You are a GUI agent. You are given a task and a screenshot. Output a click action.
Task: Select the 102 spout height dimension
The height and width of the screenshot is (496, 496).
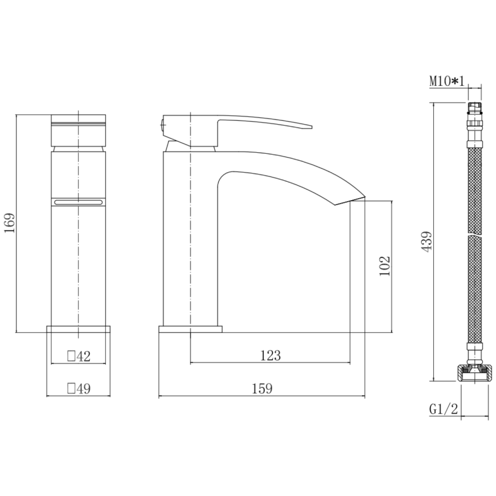[x=385, y=266]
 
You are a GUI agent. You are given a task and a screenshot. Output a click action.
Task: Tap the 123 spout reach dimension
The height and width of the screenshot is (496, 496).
[x=270, y=356]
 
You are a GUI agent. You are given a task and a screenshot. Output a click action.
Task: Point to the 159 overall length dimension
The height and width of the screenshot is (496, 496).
[x=262, y=389]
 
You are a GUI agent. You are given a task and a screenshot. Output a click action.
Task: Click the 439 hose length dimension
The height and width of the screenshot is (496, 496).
[x=426, y=241]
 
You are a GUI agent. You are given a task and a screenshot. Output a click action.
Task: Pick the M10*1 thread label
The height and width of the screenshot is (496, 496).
[x=448, y=82]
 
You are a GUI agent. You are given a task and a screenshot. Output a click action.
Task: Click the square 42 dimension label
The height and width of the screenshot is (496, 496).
[x=78, y=357]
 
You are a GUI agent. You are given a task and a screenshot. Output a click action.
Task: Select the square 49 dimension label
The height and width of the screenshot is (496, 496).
[x=78, y=389]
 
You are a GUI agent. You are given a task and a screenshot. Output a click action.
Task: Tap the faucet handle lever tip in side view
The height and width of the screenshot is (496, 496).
[x=309, y=126]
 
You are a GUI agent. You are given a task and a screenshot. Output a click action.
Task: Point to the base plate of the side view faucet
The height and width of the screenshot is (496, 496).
[x=190, y=330]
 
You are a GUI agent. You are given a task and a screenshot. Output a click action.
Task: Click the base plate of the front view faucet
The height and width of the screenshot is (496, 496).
[x=78, y=330]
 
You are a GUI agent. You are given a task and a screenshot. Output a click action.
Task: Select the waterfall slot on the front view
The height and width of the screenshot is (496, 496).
[x=78, y=203]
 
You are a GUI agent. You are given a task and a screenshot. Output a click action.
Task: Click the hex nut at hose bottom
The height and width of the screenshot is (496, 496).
[x=474, y=374]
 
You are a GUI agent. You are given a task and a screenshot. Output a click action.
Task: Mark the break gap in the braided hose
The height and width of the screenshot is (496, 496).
[x=474, y=235]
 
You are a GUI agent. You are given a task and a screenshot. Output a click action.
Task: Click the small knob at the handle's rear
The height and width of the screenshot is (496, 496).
[x=162, y=125]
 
